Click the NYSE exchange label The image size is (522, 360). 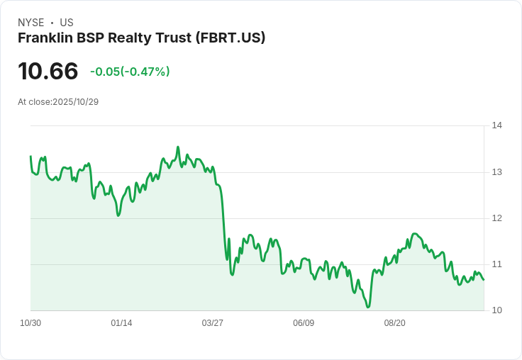pyautogui.click(x=31, y=23)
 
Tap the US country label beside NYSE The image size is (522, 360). pyautogui.click(x=67, y=23)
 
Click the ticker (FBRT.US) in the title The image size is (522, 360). pyautogui.click(x=230, y=38)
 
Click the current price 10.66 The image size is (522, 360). pyautogui.click(x=48, y=72)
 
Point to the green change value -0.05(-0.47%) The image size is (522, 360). pyautogui.click(x=130, y=72)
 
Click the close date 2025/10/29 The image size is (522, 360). pyautogui.click(x=75, y=102)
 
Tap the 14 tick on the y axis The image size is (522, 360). pyautogui.click(x=496, y=125)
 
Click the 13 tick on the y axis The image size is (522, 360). pyautogui.click(x=496, y=172)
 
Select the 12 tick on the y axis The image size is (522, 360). pyautogui.click(x=496, y=218)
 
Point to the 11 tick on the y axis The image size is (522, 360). pyautogui.click(x=496, y=264)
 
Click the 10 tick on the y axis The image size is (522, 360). pyautogui.click(x=496, y=310)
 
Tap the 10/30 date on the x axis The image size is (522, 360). pyautogui.click(x=30, y=323)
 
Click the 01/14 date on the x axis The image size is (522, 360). pyautogui.click(x=121, y=323)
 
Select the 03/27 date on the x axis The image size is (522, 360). pyautogui.click(x=212, y=323)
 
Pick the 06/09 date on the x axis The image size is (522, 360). pyautogui.click(x=303, y=323)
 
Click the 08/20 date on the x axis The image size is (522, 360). pyautogui.click(x=394, y=323)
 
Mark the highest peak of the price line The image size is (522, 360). pyautogui.click(x=178, y=147)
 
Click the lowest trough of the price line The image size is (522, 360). pyautogui.click(x=368, y=307)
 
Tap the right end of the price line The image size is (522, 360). pyautogui.click(x=484, y=279)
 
